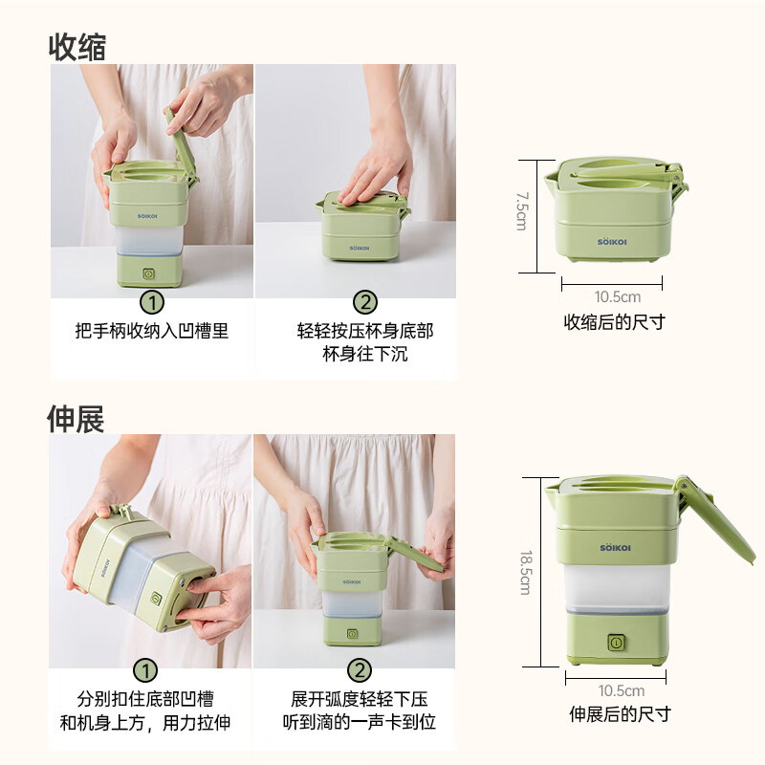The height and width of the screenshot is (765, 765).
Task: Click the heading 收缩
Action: [77, 46]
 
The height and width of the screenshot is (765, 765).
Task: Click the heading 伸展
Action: [76, 418]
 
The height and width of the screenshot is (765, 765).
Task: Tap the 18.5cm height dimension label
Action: [524, 572]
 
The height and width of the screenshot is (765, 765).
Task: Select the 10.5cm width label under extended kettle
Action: [621, 690]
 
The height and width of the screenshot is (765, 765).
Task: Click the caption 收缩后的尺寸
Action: [614, 322]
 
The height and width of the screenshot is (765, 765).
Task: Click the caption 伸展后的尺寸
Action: [620, 714]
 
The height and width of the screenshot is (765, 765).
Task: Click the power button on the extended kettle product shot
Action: [617, 644]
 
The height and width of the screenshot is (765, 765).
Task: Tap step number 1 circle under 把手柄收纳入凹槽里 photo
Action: [152, 303]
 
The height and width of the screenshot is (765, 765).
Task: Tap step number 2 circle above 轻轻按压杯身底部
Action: [365, 303]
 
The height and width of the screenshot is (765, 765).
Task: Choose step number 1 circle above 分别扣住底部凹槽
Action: [145, 671]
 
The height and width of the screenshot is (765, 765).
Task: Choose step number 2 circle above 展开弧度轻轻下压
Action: [358, 671]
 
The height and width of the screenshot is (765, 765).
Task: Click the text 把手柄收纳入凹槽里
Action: [152, 331]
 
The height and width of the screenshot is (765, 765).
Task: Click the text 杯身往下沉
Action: [365, 355]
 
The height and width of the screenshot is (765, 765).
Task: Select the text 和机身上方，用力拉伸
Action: [145, 723]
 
